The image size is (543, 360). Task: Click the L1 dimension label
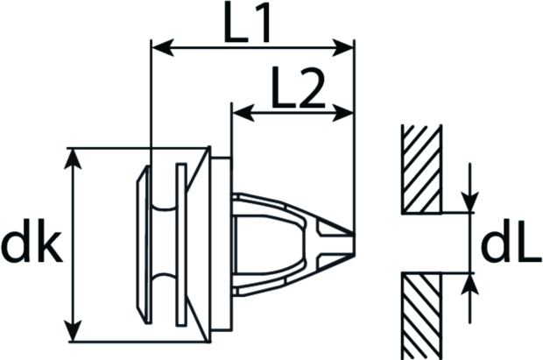click(247, 22)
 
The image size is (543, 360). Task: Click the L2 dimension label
click(299, 88)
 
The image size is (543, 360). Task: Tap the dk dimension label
click(32, 240)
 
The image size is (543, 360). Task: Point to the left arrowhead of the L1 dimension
click(163, 47)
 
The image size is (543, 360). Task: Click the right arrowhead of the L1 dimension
click(342, 47)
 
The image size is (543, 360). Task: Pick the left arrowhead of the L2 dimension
click(243, 113)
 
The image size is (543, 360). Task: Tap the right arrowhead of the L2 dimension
click(342, 113)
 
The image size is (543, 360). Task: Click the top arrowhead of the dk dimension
click(73, 159)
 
